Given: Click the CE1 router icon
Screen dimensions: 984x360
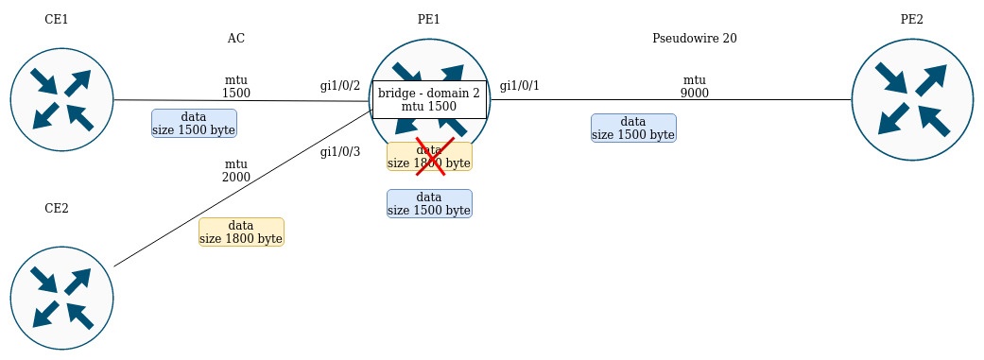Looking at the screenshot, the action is [61, 100].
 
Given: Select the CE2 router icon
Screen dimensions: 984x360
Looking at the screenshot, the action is [61, 298].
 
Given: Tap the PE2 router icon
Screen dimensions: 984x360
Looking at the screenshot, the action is [912, 100].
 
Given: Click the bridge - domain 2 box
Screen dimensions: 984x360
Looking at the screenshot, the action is [429, 100].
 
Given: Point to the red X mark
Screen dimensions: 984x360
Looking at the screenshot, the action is [434, 156].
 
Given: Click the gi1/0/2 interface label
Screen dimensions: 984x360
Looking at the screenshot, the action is [340, 86].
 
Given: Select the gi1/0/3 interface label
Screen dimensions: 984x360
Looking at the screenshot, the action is [340, 152].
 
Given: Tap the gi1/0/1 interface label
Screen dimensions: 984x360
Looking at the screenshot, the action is [519, 86].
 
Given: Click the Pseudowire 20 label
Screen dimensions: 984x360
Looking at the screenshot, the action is [695, 38].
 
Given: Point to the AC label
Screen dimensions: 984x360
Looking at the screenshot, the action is [236, 38].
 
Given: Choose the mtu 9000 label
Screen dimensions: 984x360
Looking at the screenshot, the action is [695, 87].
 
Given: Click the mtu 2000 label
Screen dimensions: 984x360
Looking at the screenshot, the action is [236, 171].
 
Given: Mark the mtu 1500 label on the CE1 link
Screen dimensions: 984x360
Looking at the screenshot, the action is [236, 87].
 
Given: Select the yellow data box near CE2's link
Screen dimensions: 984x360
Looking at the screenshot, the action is [241, 232].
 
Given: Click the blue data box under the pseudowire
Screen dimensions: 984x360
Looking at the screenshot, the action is [633, 128].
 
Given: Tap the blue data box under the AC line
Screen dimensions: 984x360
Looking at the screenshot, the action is [194, 124].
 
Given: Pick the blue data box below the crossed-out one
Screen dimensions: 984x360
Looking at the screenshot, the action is [429, 204].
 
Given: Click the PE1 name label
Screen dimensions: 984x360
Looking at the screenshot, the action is [428, 20].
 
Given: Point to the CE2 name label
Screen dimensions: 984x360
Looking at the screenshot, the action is [57, 208].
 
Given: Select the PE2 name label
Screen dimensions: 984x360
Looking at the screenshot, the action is [912, 20].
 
